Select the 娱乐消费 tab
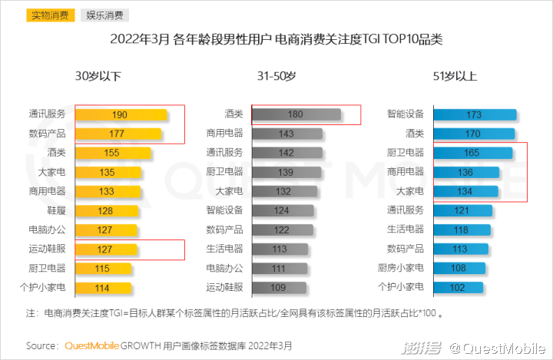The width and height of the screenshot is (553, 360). click(x=103, y=15)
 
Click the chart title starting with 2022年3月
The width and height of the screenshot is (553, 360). click(x=276, y=39)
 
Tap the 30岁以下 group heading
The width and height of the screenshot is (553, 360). click(x=98, y=76)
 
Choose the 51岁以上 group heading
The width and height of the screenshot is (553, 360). click(x=455, y=76)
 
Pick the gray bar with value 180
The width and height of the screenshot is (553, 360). click(x=296, y=114)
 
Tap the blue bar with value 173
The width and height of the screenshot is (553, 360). click(x=474, y=114)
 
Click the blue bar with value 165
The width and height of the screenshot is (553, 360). click(x=472, y=153)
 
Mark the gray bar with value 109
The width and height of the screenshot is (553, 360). click(x=279, y=287)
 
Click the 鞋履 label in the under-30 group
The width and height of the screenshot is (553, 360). click(x=54, y=210)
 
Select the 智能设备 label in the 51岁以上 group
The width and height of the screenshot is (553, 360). click(x=406, y=114)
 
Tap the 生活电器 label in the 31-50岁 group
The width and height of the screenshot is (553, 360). click(x=224, y=249)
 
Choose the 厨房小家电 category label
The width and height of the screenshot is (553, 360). click(x=401, y=268)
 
